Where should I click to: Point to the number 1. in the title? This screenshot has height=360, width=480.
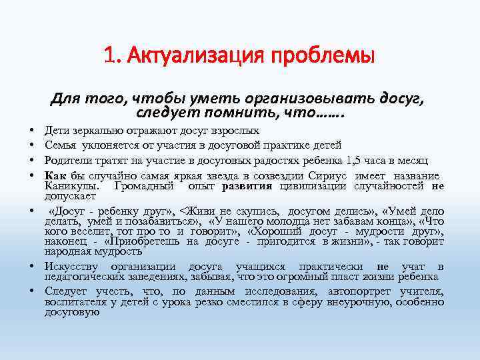point(111,54)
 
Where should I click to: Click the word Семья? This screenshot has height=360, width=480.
point(61,144)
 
